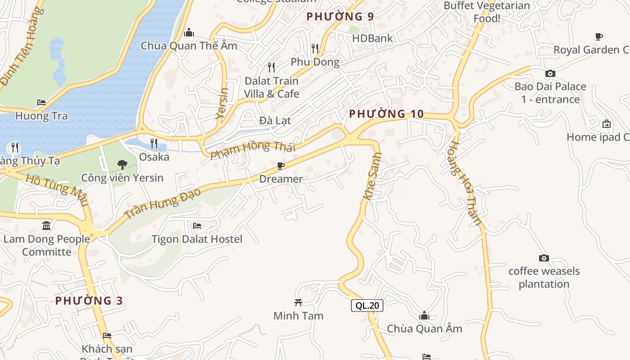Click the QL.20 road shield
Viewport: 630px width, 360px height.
coord(367,306)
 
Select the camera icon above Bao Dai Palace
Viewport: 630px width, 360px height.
coord(550,73)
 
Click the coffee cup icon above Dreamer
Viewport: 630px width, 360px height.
coord(281,166)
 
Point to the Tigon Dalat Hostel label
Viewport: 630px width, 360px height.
coord(197,239)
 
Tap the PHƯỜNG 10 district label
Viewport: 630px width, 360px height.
coord(386,114)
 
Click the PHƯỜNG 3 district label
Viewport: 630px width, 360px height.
coord(89,301)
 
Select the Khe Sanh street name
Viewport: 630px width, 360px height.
coord(373,176)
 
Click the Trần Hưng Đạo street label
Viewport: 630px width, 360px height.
coord(162,203)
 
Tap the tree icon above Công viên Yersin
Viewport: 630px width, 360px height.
coord(122,165)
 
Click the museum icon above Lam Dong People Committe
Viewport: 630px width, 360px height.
coord(46,225)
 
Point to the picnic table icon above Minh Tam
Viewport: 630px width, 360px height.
coord(298,302)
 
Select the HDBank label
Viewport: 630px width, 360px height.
coord(372,38)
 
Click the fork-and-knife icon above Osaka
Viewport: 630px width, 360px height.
coord(154,144)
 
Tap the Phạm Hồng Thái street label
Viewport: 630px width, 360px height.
coord(253,149)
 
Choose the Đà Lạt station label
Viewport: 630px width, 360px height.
coord(275,121)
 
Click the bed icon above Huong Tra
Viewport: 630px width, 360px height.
coord(41,103)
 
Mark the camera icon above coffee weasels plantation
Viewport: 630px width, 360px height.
coord(544,258)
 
